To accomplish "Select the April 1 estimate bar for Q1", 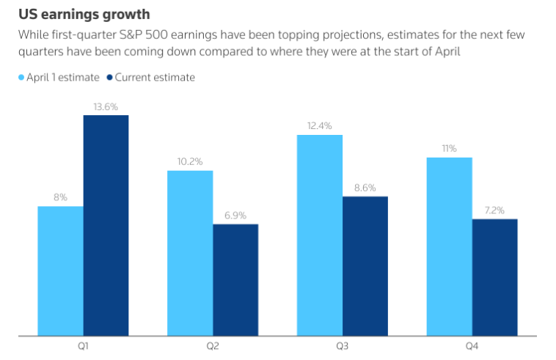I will click(60, 271).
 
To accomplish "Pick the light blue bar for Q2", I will click(190, 253).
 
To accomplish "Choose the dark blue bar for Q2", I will click(235, 279).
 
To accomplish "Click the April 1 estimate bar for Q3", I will click(319, 235).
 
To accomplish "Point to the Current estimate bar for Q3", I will click(365, 265).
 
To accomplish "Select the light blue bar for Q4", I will click(449, 246).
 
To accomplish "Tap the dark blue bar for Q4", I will click(494, 277).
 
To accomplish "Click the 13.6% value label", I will click(106, 106).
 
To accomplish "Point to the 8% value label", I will click(60, 197).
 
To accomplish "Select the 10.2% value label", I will click(190, 162).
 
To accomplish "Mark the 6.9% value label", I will click(235, 216).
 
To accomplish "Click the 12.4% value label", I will click(319, 126).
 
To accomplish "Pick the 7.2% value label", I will click(494, 210).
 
